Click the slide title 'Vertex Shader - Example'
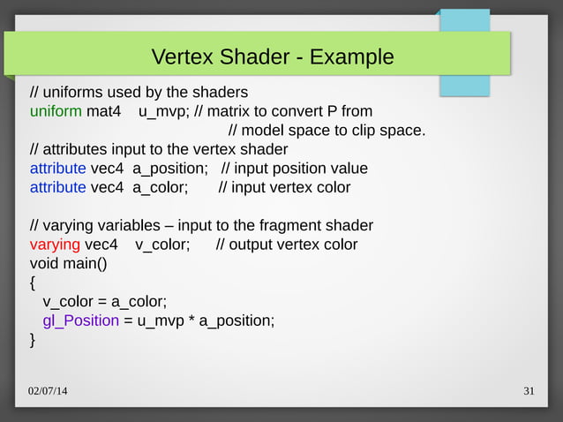[x=273, y=57]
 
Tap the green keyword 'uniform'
[x=56, y=112]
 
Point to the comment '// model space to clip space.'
[x=327, y=132]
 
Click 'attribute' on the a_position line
[x=58, y=169]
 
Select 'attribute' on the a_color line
[x=58, y=187]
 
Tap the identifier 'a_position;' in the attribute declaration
[x=169, y=169]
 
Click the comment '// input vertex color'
[x=284, y=187]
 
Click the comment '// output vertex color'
[x=287, y=244]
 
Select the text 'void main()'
[x=68, y=263]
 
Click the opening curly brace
[x=33, y=283]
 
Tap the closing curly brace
[x=33, y=339]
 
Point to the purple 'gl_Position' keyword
[x=81, y=320]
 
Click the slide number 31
[x=529, y=391]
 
